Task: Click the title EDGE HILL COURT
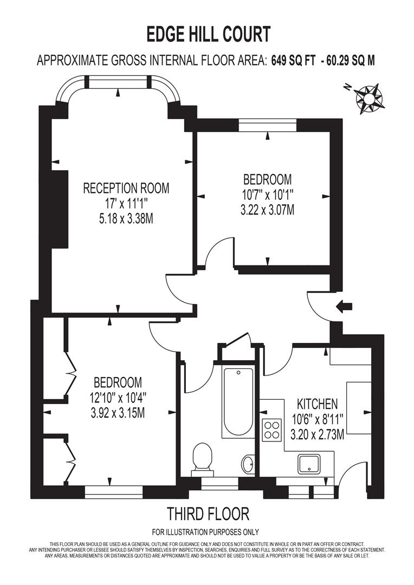pyautogui.click(x=209, y=35)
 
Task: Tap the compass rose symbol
pyautogui.click(x=368, y=97)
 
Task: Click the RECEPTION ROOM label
pyautogui.click(x=126, y=188)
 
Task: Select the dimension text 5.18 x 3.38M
pyautogui.click(x=126, y=218)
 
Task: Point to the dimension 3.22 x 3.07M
pyautogui.click(x=267, y=210)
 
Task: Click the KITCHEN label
pyautogui.click(x=317, y=404)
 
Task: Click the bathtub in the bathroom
pyautogui.click(x=238, y=401)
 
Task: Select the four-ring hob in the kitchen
pyautogui.click(x=271, y=429)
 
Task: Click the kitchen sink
pyautogui.click(x=312, y=464)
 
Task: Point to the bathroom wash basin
pyautogui.click(x=248, y=464)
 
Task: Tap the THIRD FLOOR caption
pyautogui.click(x=208, y=513)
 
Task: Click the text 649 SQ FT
pyautogui.click(x=293, y=61)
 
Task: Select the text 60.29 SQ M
pyautogui.click(x=349, y=61)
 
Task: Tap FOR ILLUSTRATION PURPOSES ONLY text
pyautogui.click(x=205, y=531)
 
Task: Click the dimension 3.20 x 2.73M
pyautogui.click(x=317, y=434)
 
